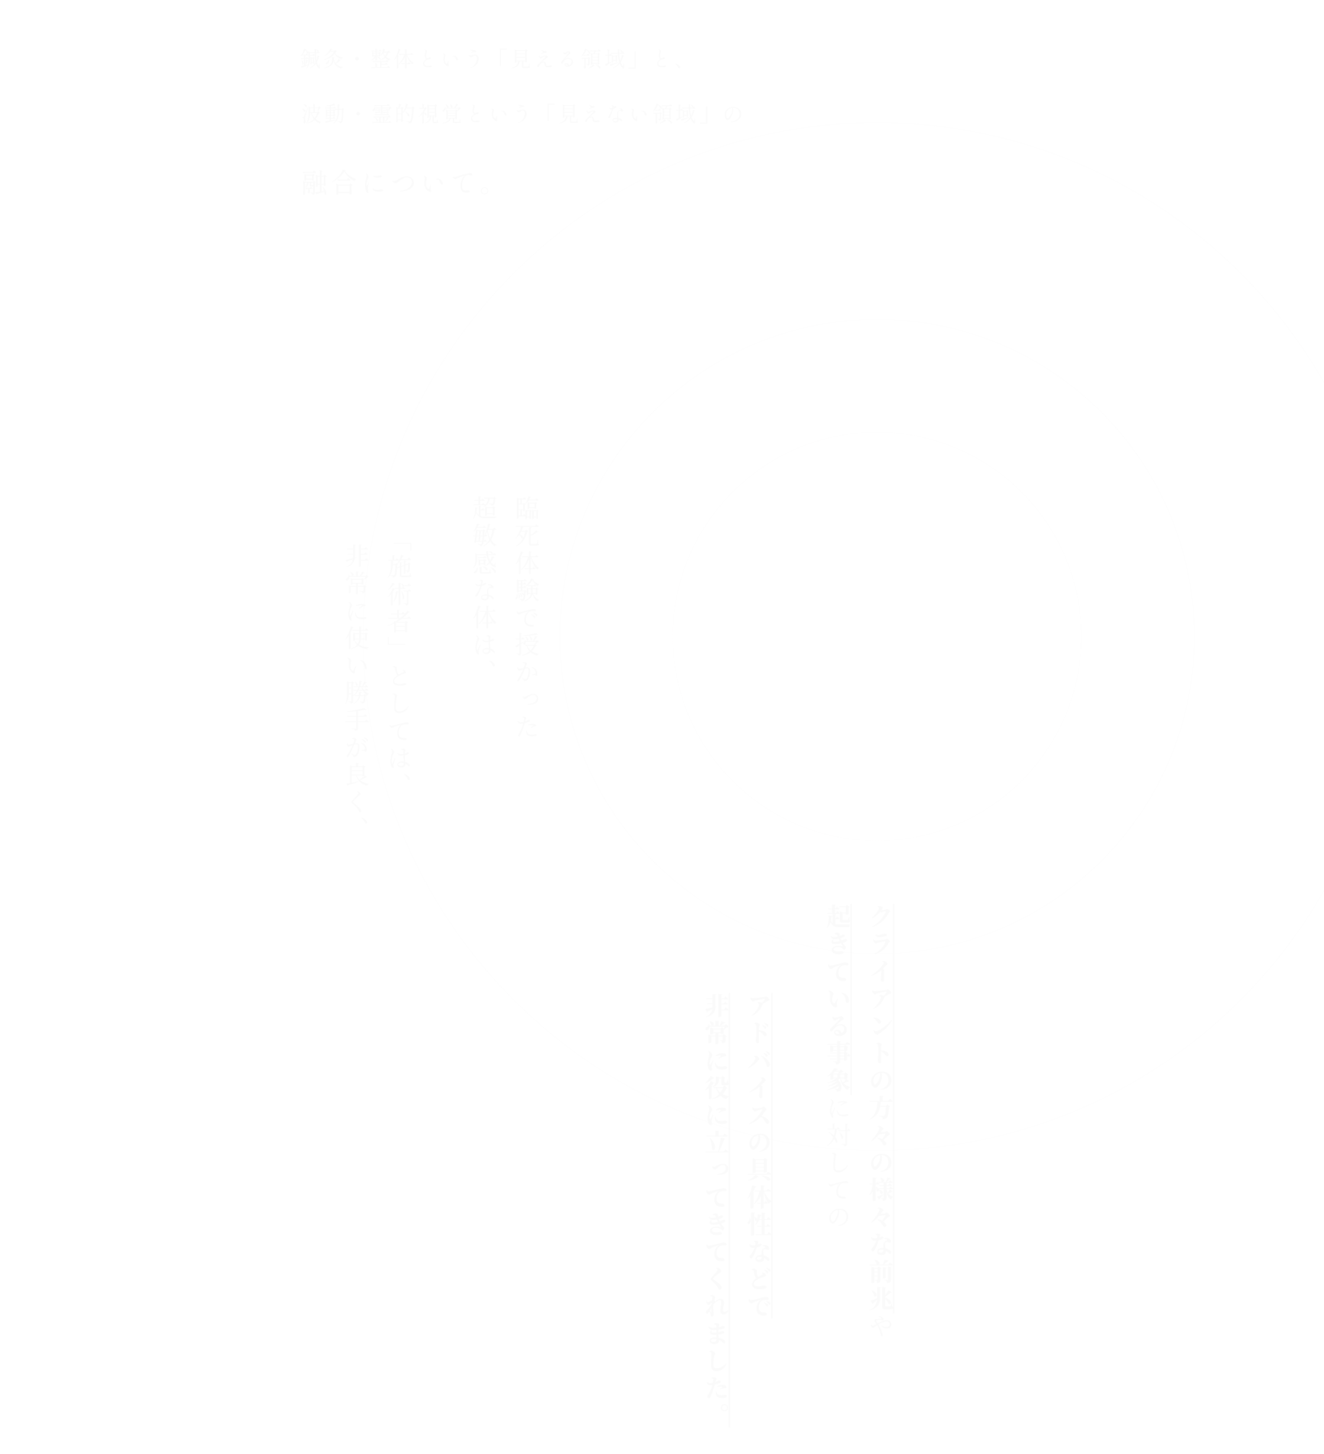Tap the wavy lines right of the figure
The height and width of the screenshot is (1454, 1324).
point(971,631)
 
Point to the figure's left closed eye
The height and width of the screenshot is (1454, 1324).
point(861,596)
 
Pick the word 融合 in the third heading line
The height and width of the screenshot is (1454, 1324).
point(329,184)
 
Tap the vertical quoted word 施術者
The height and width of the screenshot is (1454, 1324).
point(399,598)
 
